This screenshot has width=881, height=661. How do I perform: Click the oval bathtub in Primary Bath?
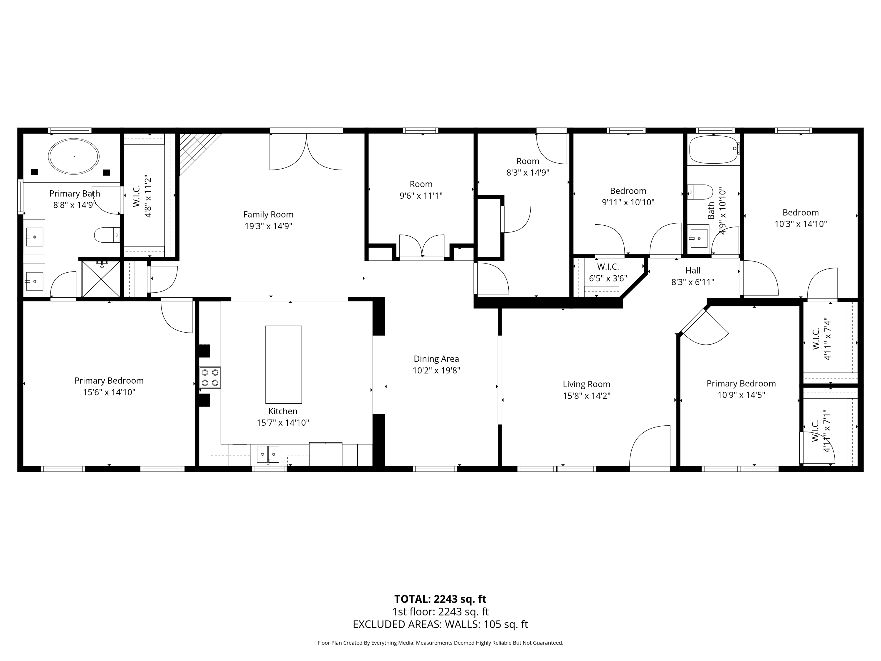pyautogui.click(x=74, y=157)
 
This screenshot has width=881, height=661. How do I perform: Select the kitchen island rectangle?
pyautogui.click(x=284, y=364)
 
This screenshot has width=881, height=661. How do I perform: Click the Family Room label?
pyautogui.click(x=268, y=215)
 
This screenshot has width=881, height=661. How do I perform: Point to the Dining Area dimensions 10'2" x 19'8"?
pyautogui.click(x=436, y=370)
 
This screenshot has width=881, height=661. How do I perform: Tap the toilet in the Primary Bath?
pyautogui.click(x=106, y=235)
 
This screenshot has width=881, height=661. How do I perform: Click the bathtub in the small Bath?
pyautogui.click(x=713, y=150)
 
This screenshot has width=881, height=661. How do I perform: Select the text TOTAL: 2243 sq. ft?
pyautogui.click(x=440, y=599)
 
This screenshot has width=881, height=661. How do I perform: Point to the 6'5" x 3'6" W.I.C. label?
pyautogui.click(x=608, y=278)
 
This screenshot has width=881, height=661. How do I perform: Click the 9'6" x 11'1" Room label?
pyautogui.click(x=421, y=196)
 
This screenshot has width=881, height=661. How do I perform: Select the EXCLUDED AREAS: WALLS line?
pyautogui.click(x=440, y=624)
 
